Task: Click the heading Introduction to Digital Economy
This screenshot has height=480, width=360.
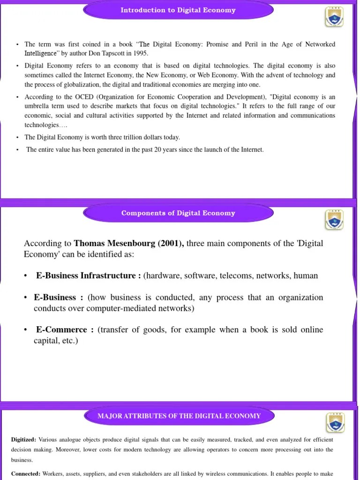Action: click(178, 10)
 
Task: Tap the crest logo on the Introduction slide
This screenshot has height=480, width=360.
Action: click(334, 17)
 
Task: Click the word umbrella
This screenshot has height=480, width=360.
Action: click(37, 106)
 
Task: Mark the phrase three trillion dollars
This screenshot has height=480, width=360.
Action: click(133, 137)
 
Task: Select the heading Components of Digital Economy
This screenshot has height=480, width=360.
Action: click(178, 213)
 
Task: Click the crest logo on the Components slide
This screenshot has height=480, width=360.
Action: click(334, 220)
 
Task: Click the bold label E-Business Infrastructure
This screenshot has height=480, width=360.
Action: click(88, 276)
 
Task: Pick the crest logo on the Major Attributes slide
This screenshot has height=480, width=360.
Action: click(335, 423)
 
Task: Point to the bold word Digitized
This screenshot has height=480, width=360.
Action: click(23, 440)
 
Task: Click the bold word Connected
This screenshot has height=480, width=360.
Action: click(25, 473)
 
